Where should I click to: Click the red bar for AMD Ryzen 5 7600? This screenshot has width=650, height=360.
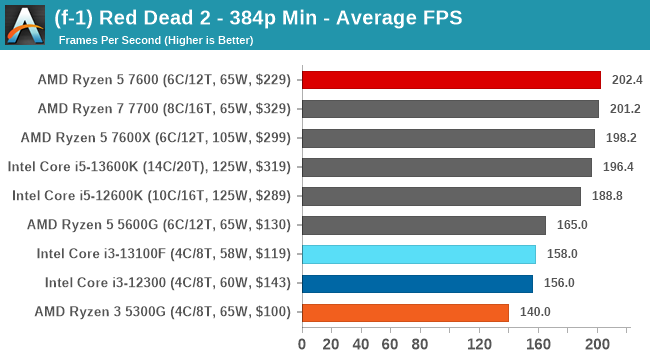click(451, 80)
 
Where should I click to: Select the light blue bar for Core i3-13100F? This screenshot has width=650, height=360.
click(419, 254)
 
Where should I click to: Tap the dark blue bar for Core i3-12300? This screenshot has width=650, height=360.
click(417, 283)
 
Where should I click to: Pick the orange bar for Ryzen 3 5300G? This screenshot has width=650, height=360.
click(405, 312)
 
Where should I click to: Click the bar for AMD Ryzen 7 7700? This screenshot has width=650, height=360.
click(450, 109)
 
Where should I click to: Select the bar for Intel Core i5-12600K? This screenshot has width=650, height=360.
click(441, 196)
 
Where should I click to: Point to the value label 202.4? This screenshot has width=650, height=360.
click(624, 80)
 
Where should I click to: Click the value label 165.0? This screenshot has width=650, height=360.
click(569, 225)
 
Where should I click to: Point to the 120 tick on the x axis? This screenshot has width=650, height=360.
click(479, 345)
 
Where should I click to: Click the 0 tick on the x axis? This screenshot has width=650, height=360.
click(302, 345)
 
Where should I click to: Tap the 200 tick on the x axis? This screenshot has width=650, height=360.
click(597, 345)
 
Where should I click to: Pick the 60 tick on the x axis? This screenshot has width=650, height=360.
click(391, 345)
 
